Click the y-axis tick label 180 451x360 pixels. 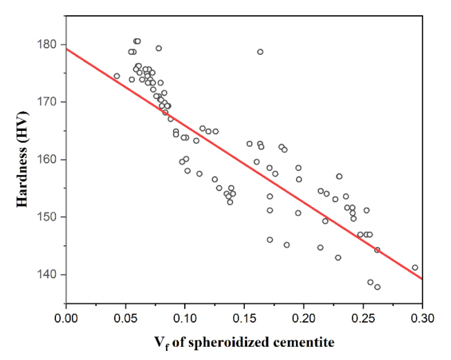click(48, 44)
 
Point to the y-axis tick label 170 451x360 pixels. click(48, 102)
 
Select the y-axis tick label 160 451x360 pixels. click(48, 159)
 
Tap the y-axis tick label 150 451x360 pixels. click(48, 217)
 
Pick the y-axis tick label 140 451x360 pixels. click(48, 275)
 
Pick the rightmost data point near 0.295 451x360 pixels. click(415, 267)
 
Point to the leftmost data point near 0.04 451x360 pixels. click(117, 76)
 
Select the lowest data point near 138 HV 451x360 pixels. click(377, 287)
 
